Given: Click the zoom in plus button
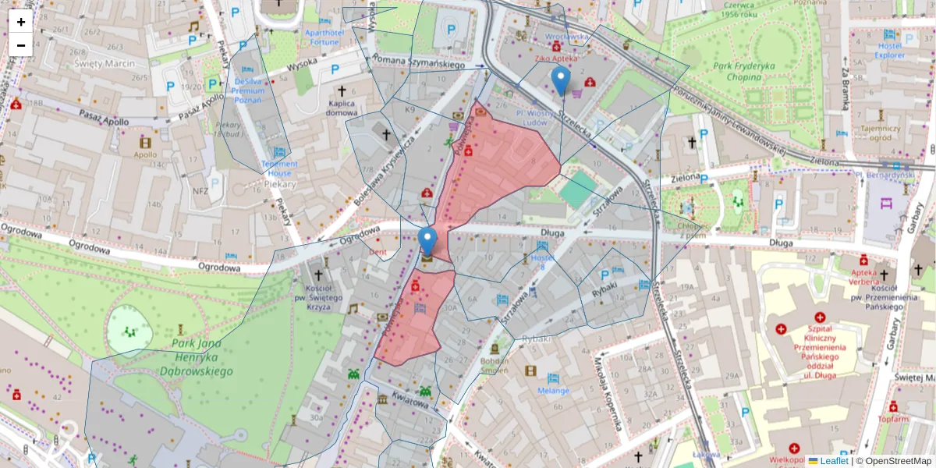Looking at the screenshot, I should tap(21, 22).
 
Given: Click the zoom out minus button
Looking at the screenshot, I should tap(21, 45).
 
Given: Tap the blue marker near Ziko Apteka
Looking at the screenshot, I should tap(560, 80).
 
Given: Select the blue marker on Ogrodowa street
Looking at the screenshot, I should tap(427, 241).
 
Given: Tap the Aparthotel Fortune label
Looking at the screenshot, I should tap(322, 37).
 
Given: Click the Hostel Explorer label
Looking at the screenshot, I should tap(889, 50).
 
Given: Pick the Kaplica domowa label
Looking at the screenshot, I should tap(342, 108).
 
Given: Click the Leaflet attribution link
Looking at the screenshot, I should tap(834, 461).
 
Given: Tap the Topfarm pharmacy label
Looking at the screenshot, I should tap(893, 419).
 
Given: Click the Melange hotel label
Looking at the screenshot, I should tap(553, 390).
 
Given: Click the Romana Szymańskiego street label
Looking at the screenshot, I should tap(419, 62).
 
